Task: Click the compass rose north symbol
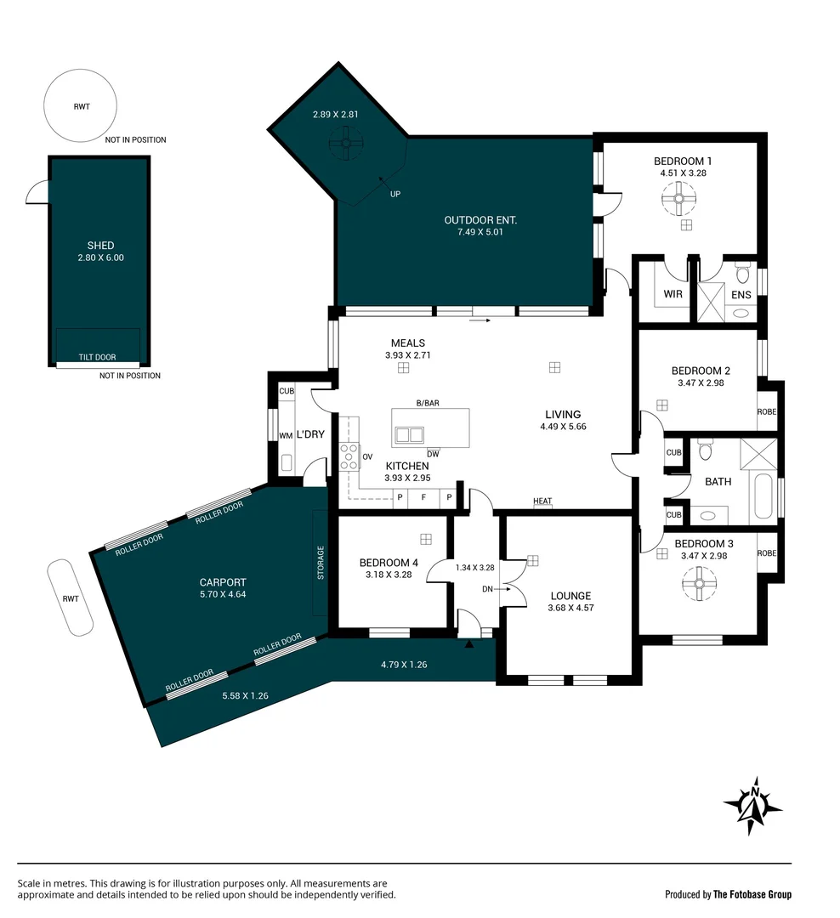[x=752, y=805]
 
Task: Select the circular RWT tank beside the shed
[x=81, y=107]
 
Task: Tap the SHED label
[x=100, y=246]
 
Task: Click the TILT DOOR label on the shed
[x=99, y=357]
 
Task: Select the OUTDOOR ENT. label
[x=480, y=220]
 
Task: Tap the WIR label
[x=673, y=294]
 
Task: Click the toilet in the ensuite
[x=741, y=274]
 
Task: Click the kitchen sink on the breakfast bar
[x=409, y=435]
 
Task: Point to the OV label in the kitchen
[x=368, y=456]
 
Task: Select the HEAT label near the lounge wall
[x=542, y=501]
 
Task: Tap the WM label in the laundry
[x=286, y=435]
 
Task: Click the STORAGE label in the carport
[x=321, y=563]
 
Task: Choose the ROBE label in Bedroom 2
[x=767, y=411]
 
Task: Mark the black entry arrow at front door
[x=468, y=644]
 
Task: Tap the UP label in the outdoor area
[x=395, y=194]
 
